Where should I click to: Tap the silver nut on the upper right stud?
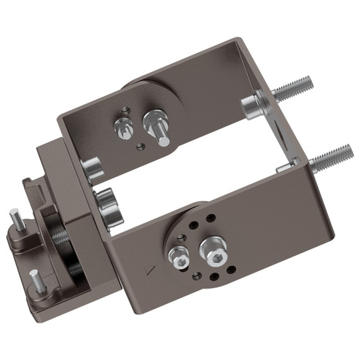coord(251,107)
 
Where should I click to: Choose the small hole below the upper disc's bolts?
coord(141,145)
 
